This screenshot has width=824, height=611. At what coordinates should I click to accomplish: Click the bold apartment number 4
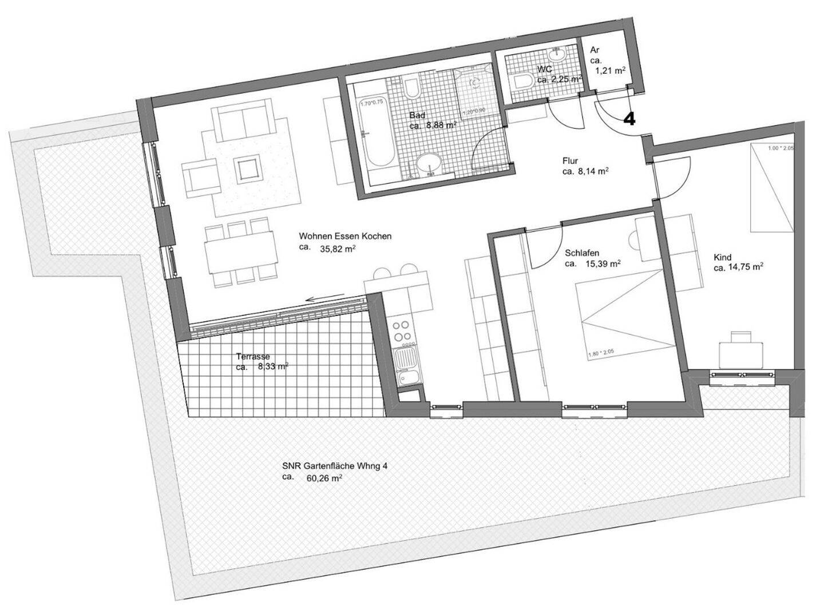pyautogui.click(x=629, y=119)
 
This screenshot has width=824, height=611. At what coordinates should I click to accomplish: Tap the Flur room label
pyautogui.click(x=569, y=161)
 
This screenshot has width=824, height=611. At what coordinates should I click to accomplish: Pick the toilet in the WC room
pyautogui.click(x=523, y=81)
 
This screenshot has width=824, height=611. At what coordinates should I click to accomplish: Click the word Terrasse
pyautogui.click(x=252, y=356)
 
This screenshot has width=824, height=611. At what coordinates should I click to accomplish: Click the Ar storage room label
pyautogui.click(x=595, y=50)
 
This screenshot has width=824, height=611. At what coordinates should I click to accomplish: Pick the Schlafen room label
pyautogui.click(x=581, y=253)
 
